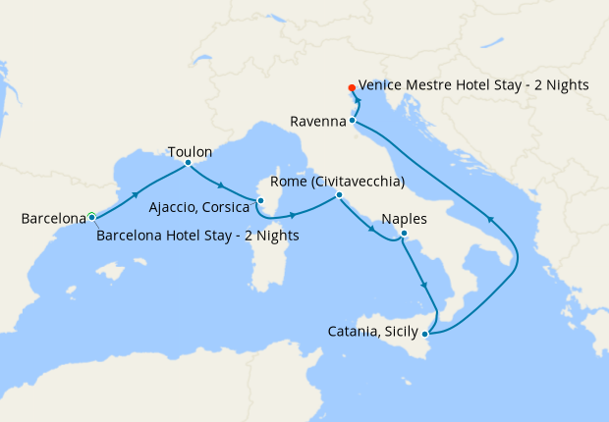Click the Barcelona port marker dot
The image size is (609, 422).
tap(91, 216)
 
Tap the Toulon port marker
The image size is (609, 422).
tap(188, 163)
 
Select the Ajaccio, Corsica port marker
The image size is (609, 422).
tap(260, 200)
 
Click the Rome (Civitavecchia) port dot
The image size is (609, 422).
tap(339, 195)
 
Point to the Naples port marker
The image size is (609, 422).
tap(404, 234)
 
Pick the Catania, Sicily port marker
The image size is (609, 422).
tap(424, 335)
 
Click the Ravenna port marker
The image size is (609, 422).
tap(352, 121)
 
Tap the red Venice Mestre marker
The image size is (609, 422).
tap(352, 87)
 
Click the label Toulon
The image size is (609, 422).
tap(190, 152)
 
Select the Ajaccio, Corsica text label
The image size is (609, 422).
tap(199, 208)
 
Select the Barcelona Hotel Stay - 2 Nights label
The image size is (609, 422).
tap(197, 235)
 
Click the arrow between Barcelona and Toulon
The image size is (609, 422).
tap(137, 189)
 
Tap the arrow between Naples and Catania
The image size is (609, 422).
tap(424, 286)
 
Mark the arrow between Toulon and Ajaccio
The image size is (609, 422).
tap(222, 185)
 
